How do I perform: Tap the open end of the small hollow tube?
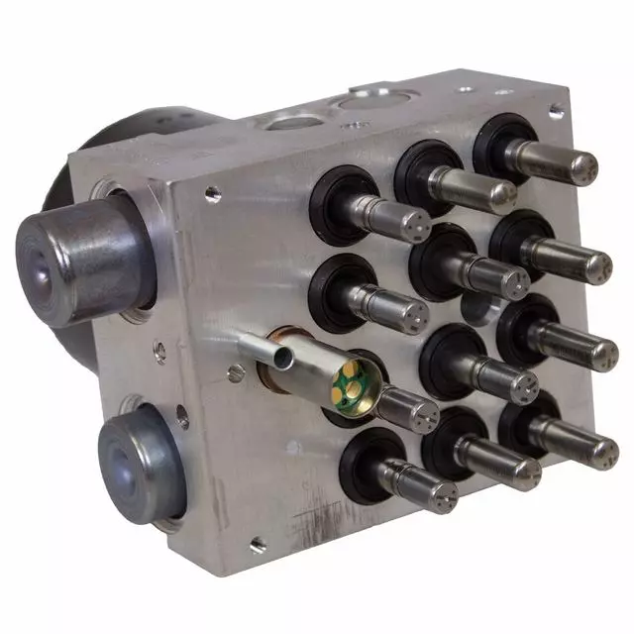point(285,353)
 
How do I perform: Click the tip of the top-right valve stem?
point(583,165)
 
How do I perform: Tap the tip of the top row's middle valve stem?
point(502,194)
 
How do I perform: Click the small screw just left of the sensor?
point(236,372)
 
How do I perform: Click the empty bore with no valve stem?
point(477,309)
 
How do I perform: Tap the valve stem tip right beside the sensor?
point(423,414)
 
